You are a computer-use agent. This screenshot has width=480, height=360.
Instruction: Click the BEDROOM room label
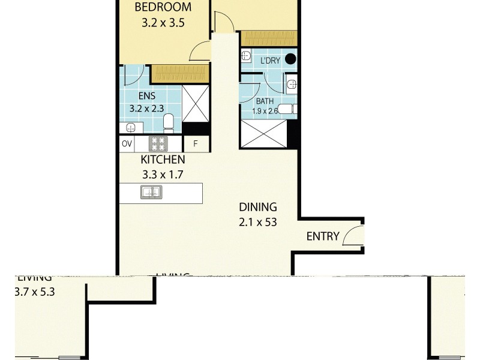(x=163, y=8)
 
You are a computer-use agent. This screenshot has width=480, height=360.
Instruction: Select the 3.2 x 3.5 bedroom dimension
(x=163, y=25)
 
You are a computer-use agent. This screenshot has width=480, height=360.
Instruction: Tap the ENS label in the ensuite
(x=146, y=96)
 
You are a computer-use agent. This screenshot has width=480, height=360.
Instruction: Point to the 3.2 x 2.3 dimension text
(x=150, y=109)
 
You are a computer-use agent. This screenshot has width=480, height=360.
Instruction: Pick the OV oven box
(x=127, y=144)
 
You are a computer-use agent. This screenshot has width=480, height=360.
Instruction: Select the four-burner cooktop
(x=158, y=144)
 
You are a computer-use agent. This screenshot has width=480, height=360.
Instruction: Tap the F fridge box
(x=195, y=144)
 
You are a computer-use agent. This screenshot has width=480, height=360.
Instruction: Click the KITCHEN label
(x=163, y=160)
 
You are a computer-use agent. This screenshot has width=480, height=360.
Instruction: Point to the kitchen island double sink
(x=150, y=193)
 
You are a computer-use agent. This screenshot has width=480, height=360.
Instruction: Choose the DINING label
(x=258, y=208)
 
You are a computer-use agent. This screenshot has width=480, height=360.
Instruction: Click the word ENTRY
(x=323, y=236)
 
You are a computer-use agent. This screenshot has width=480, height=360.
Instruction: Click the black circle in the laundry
(x=290, y=59)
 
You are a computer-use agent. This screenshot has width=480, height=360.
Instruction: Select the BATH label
(x=265, y=102)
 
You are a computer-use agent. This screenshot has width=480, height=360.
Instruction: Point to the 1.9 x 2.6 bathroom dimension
(x=264, y=111)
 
